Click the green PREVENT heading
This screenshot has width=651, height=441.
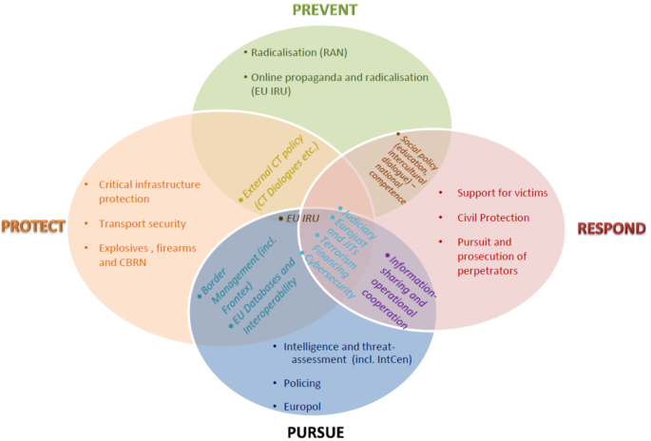tap(325, 10)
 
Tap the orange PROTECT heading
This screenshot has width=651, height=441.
tap(33, 226)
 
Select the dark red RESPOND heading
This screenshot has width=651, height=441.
tap(610, 228)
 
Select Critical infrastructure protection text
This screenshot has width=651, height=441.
tap(151, 191)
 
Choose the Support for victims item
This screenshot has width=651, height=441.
tap(502, 193)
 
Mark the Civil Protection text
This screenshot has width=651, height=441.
tap(493, 217)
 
